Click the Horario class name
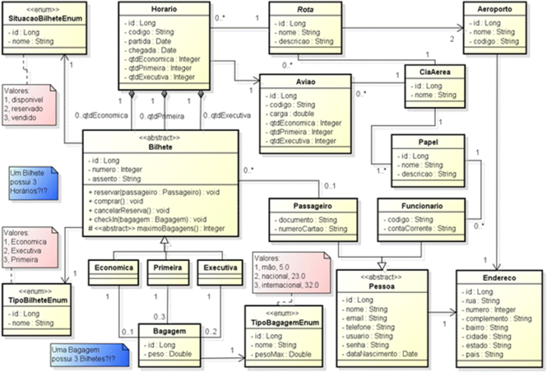(x=165, y=9)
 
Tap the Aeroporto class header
(x=494, y=9)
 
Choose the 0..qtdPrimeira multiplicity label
(x=161, y=115)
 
